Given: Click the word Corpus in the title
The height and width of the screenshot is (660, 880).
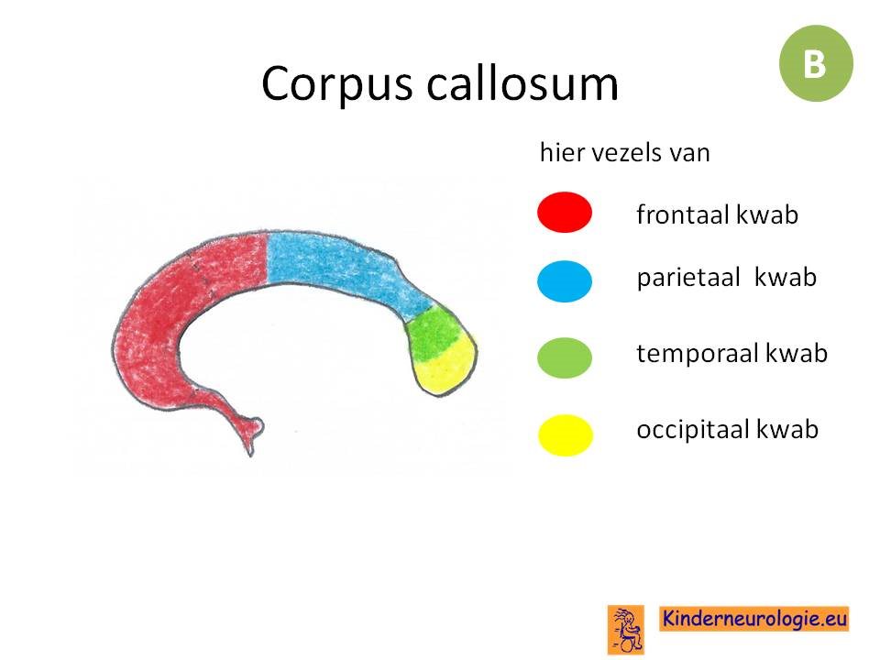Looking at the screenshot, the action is (336, 84).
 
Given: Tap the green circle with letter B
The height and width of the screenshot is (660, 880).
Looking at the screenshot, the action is (816, 63).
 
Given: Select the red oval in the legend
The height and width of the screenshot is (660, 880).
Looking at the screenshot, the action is (565, 212).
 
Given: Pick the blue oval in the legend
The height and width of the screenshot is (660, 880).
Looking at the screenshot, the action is (565, 281).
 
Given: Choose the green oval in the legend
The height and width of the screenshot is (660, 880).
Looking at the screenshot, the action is (565, 357).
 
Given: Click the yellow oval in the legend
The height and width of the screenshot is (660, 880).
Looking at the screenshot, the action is (566, 434).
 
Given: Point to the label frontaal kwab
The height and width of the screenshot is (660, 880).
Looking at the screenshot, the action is (717, 214).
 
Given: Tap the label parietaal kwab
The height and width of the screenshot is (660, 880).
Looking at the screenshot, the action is (726, 278).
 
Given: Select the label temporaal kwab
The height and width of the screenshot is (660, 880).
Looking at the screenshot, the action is (731, 354).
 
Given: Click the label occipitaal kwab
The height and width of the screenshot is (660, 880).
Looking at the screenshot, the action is (727, 430).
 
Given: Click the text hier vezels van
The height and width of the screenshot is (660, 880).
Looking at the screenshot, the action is (624, 152).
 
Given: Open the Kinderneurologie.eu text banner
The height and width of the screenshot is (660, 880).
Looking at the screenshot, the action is (753, 619).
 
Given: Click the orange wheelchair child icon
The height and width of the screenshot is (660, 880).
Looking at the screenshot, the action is (626, 629).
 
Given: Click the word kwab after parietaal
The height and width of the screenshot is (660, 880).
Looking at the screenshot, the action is (786, 277).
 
